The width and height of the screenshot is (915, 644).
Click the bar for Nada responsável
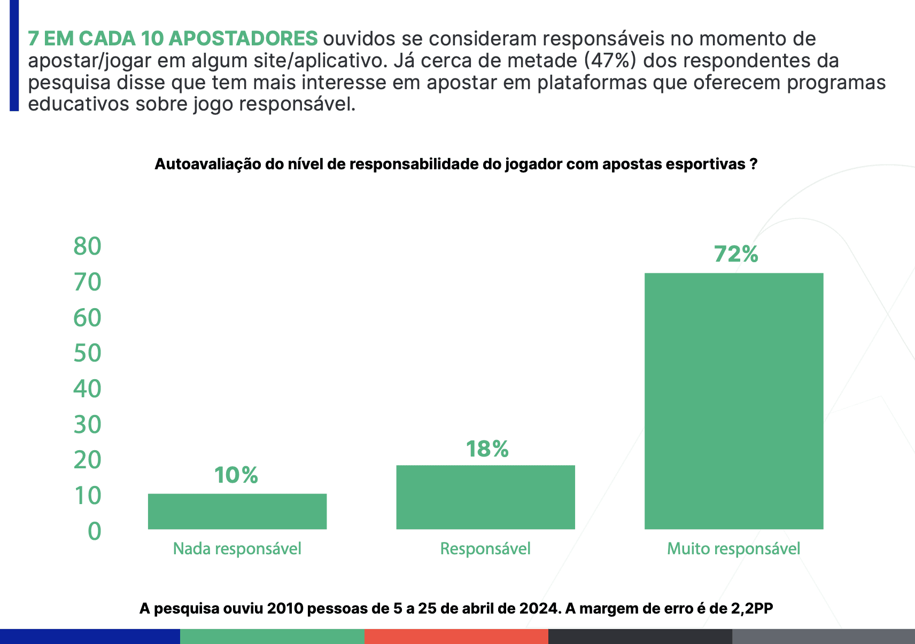click(237, 511)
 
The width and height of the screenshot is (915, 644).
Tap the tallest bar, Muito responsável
click(733, 400)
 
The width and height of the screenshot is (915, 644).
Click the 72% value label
click(736, 254)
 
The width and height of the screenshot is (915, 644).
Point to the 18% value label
click(487, 449)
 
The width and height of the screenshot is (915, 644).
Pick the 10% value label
click(236, 475)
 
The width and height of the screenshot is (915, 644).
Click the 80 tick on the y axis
click(87, 246)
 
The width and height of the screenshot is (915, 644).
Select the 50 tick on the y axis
click(87, 353)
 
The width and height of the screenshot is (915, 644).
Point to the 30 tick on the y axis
click(87, 425)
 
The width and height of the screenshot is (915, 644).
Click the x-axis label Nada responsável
click(237, 548)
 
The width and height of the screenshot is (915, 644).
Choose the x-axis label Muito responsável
click(733, 548)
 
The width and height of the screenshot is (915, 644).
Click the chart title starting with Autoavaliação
click(456, 164)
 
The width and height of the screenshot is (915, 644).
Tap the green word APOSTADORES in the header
click(243, 38)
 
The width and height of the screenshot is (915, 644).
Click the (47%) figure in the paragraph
click(610, 61)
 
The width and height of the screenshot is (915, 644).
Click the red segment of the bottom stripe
click(456, 636)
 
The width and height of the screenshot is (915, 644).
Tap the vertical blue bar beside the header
click(14, 56)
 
